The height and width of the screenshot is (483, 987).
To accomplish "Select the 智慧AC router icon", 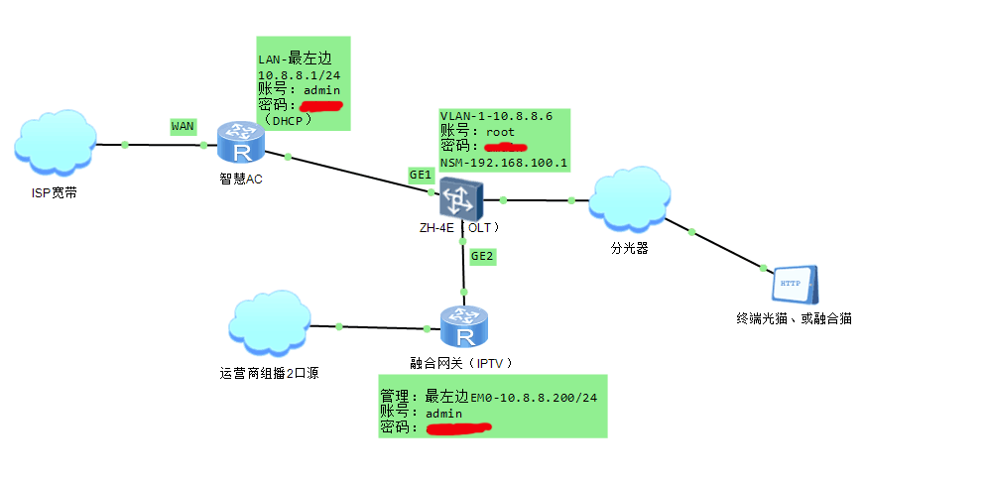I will (x=240, y=143).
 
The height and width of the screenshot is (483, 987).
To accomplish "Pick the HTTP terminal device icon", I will (x=795, y=285).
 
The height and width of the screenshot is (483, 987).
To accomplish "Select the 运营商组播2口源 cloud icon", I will (x=269, y=325).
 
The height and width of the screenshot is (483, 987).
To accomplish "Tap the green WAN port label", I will (x=184, y=126).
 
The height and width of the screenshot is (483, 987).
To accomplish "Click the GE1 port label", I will (x=422, y=175).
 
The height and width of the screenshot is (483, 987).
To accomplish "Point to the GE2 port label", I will (x=482, y=256).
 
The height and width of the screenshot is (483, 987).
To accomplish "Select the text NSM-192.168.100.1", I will (x=504, y=162).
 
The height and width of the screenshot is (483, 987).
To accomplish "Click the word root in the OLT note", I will (x=500, y=132).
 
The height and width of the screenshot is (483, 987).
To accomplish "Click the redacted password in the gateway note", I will (x=458, y=428).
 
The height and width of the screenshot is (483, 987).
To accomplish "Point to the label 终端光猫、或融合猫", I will (x=794, y=319).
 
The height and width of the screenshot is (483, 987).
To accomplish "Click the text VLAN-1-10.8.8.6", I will (x=496, y=117).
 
